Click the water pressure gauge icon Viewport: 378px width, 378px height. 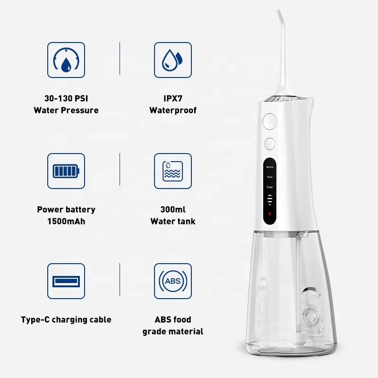66,60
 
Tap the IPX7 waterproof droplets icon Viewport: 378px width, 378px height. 173,60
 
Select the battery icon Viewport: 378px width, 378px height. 66,171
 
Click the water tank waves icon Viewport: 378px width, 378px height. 173,171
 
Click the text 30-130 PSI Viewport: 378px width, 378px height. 66,99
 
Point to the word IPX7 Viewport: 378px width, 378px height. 173,99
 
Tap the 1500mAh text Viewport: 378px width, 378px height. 66,221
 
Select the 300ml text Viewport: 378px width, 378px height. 173,209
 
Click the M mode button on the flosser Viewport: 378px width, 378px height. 269,143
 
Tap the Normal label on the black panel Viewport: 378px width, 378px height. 269,166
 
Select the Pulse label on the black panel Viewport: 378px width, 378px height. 269,187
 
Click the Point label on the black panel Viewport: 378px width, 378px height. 269,177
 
